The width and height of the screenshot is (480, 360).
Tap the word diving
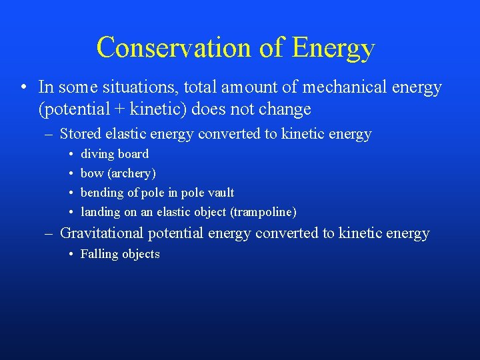click(97, 154)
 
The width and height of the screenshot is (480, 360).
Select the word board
click(133, 154)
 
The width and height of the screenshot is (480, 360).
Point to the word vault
click(221, 193)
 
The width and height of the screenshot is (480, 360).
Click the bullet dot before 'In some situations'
click(23, 87)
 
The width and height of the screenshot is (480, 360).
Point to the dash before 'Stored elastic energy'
click(49, 134)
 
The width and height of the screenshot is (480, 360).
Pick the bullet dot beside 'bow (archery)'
click(70, 173)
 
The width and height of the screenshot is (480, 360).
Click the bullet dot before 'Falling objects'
click(70, 254)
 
